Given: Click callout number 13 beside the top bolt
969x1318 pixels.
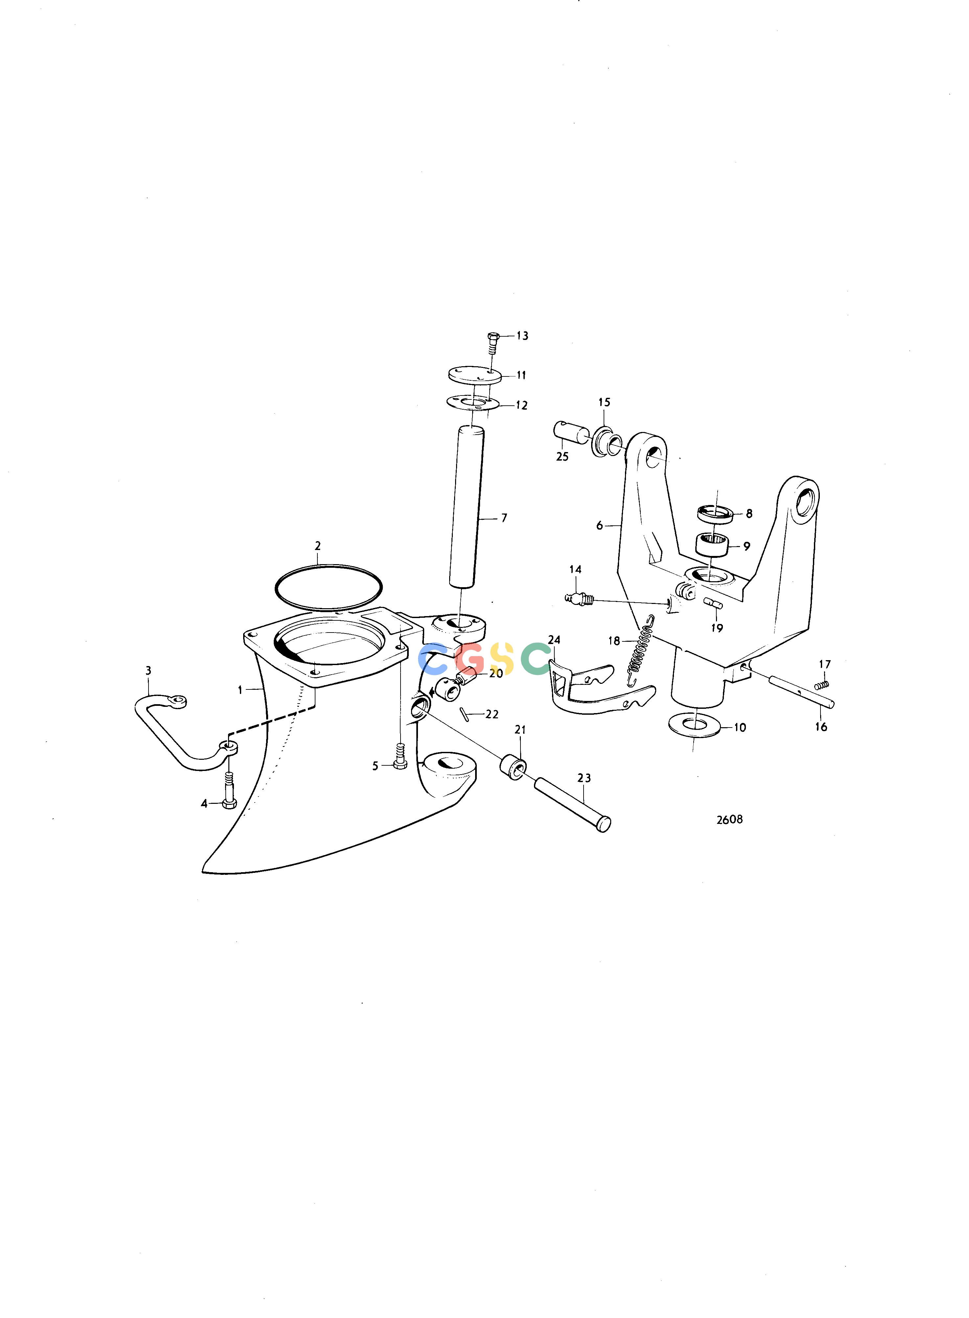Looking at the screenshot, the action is click(x=522, y=336).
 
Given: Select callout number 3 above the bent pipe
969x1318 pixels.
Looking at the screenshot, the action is click(x=149, y=670).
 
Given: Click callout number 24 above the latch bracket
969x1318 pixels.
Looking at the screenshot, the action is click(x=554, y=640).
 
